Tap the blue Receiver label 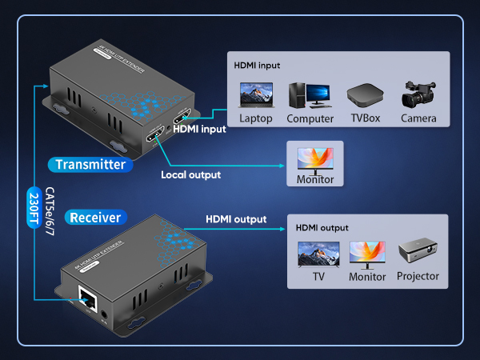pos(95,218)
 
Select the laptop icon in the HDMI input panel pos(256,95)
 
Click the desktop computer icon pos(309,95)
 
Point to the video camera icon pos(418,94)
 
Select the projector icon pos(417,254)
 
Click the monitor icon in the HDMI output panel pos(367,254)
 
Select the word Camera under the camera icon pos(419,118)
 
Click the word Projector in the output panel pos(418,277)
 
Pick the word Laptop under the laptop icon pos(256,118)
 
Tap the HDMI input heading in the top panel pos(257,65)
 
